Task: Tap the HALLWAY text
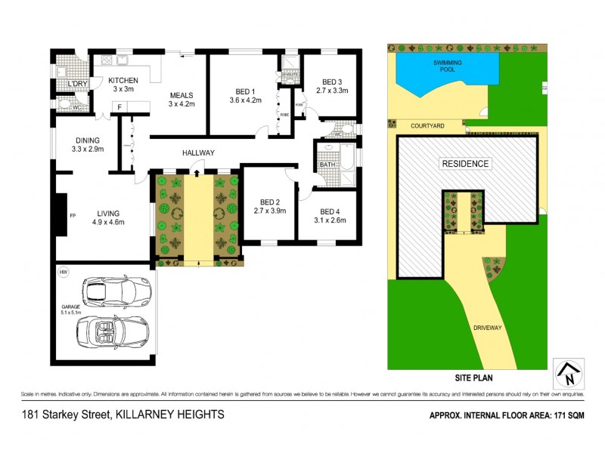(x=198, y=153)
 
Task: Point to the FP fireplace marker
(x=73, y=215)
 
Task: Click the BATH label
(x=327, y=164)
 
